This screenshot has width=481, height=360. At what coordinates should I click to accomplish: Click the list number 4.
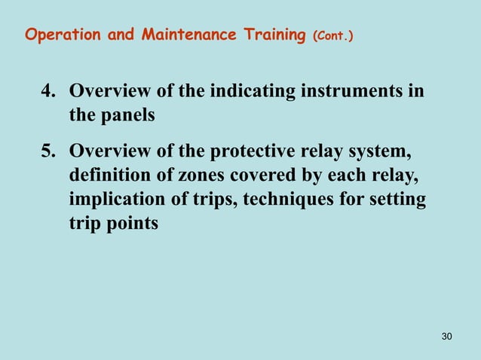click(x=47, y=93)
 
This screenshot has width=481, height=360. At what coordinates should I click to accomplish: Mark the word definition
click(x=109, y=176)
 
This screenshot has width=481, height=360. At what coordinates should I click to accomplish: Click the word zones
click(x=195, y=176)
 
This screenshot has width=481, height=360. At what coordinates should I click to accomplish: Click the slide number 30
click(x=446, y=335)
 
